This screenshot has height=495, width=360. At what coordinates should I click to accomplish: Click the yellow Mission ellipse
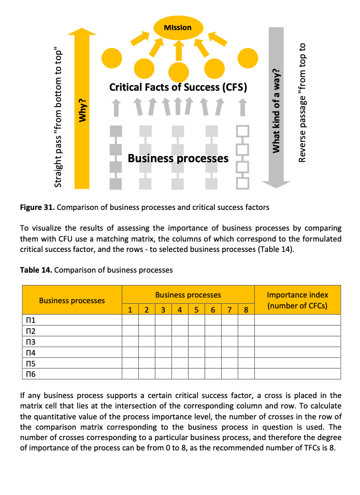(178, 27)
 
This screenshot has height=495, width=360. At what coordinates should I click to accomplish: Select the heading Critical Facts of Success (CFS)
(178, 87)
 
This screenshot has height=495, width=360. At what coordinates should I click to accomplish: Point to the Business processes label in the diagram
(178, 158)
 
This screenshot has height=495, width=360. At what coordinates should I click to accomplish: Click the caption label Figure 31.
(37, 207)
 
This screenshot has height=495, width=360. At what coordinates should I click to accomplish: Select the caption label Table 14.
(35, 270)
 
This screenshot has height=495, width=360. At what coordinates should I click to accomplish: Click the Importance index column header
(297, 300)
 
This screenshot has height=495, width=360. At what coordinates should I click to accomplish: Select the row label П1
(30, 320)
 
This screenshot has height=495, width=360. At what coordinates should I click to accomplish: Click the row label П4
(30, 352)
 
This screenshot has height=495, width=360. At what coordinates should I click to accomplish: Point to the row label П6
(30, 374)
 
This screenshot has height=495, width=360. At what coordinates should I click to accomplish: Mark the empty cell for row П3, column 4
(180, 342)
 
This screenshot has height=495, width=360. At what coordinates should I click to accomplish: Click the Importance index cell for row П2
(297, 331)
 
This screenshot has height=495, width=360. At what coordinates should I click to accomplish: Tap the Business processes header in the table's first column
(72, 300)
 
